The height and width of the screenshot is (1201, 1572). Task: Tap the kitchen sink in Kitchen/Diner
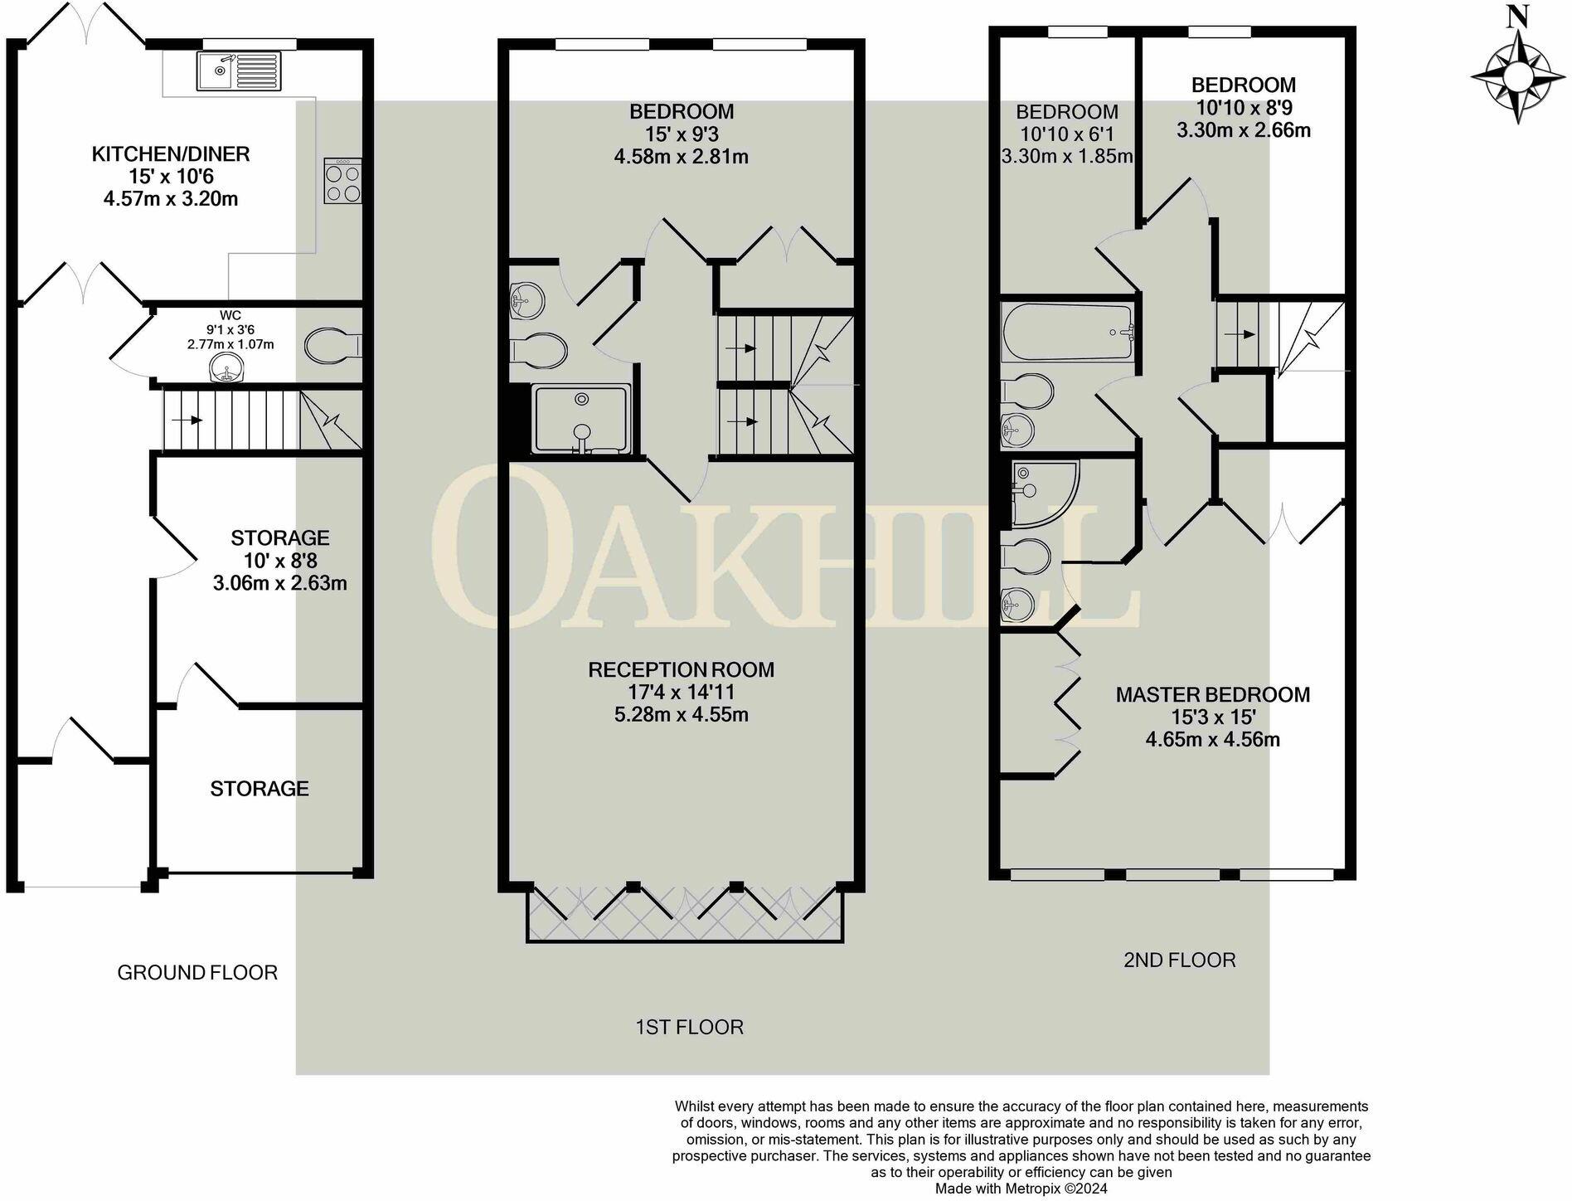239,70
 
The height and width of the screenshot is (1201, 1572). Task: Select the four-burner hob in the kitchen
342,182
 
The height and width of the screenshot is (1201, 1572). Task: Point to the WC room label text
230,315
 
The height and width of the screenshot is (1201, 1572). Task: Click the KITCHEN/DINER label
170,153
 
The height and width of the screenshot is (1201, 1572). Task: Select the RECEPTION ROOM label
681,669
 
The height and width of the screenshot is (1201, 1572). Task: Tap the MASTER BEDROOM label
1212,694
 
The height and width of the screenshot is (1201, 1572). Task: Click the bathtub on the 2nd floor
1068,333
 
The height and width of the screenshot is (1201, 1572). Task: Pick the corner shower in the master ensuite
1043,494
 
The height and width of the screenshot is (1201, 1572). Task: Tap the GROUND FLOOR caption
197,972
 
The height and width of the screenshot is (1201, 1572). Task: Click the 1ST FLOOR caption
689,1027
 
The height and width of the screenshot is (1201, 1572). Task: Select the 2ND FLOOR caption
1179,960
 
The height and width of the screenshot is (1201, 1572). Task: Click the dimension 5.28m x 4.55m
681,714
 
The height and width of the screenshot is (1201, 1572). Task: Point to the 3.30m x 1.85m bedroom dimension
1066,156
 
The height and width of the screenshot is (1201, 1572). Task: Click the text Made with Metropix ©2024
1021,1189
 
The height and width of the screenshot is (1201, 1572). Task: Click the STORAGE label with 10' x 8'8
279,537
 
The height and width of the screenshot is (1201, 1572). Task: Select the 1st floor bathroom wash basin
526,299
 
